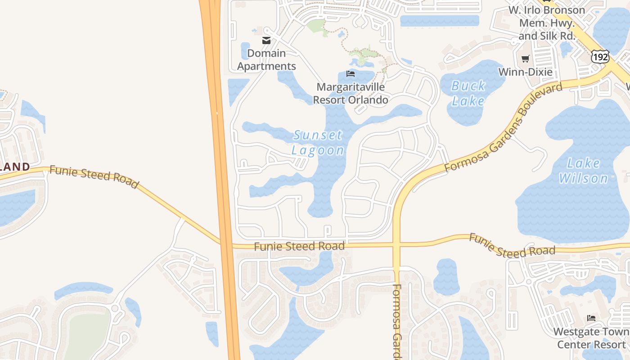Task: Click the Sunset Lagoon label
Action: (x=318, y=142)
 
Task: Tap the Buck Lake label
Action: (x=468, y=93)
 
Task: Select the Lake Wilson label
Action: (x=583, y=171)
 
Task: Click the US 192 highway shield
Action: (x=600, y=57)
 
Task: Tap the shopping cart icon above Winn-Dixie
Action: (x=525, y=58)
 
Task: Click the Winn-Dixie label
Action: (x=525, y=72)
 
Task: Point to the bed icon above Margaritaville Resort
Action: (x=351, y=74)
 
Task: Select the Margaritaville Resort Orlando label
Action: (x=351, y=93)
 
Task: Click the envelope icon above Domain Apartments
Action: (x=266, y=40)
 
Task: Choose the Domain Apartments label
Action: (x=266, y=60)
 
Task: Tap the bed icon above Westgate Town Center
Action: (x=591, y=318)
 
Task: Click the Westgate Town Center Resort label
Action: (x=591, y=338)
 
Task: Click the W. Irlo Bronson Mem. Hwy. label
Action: (x=546, y=22)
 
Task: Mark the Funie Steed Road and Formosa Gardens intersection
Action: (x=396, y=245)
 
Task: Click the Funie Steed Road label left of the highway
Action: (x=94, y=176)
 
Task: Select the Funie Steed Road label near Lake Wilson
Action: (x=512, y=245)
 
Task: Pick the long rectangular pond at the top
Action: (x=439, y=21)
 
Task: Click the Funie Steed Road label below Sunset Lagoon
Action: (x=299, y=246)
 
